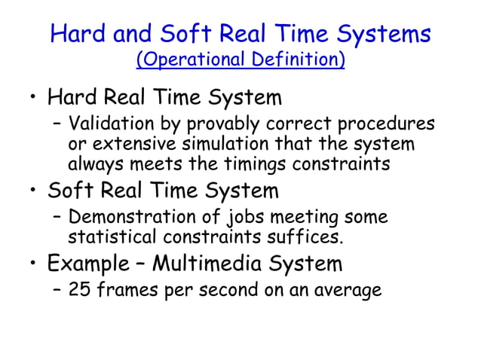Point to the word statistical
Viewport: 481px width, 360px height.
pyautogui.click(x=111, y=237)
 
